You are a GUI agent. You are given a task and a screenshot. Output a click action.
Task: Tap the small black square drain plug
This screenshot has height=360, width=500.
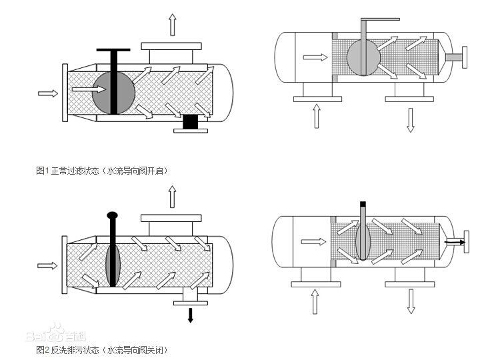pos(190,122)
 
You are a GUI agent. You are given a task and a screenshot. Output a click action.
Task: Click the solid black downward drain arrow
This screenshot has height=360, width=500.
pos(191,315)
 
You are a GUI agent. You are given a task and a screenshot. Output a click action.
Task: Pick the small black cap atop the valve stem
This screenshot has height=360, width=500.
pos(363,203)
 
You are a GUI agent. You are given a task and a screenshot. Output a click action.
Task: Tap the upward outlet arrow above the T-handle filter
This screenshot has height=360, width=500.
pos(172,25)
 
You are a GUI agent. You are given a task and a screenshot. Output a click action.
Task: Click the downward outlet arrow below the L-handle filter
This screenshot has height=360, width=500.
pos(411,119)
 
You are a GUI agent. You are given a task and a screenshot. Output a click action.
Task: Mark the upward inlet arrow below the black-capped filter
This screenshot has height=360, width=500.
pos(313,301)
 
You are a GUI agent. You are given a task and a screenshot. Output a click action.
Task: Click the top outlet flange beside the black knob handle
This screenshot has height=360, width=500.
pos(171,220)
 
